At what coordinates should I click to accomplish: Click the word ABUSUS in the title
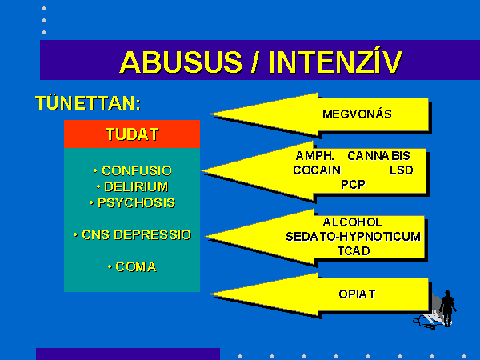click(181, 62)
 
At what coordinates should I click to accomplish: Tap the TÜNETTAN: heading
click(88, 103)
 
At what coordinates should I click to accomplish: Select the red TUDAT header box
click(132, 134)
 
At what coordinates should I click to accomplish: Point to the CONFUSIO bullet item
click(133, 171)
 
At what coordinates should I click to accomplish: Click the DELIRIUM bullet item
click(133, 186)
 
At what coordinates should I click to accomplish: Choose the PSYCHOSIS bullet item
click(132, 202)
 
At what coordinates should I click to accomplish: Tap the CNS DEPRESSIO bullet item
click(133, 234)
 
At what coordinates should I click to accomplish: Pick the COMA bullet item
click(132, 267)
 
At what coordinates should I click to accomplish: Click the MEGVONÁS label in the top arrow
click(357, 114)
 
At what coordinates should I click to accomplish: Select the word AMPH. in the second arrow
click(314, 156)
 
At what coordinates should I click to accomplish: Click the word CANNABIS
click(378, 156)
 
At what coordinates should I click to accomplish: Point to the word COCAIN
click(317, 170)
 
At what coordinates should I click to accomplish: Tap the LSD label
click(402, 170)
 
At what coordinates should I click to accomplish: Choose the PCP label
click(353, 185)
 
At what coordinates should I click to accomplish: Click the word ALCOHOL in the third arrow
click(352, 222)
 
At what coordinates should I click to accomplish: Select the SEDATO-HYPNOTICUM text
click(353, 237)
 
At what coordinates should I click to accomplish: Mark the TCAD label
click(354, 251)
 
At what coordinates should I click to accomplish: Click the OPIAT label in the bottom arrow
click(357, 294)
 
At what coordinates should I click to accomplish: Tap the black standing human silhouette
click(447, 308)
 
